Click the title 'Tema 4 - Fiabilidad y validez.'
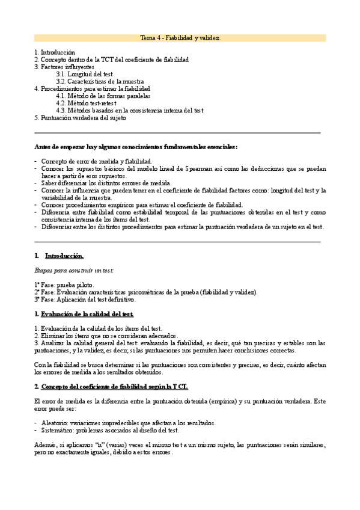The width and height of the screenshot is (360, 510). (180, 38)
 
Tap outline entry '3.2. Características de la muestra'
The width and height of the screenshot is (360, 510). (100, 81)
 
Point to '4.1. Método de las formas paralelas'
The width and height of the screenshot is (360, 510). (103, 96)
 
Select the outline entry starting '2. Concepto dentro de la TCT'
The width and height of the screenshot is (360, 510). (111, 60)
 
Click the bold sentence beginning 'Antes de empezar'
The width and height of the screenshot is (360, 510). (135, 147)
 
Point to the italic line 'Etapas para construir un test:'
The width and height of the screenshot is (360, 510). (75, 271)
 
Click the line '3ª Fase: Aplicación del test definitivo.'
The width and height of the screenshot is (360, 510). (85, 299)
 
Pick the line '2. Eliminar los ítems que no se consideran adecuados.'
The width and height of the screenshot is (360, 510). (106, 336)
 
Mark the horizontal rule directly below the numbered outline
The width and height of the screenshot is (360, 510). (177, 132)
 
